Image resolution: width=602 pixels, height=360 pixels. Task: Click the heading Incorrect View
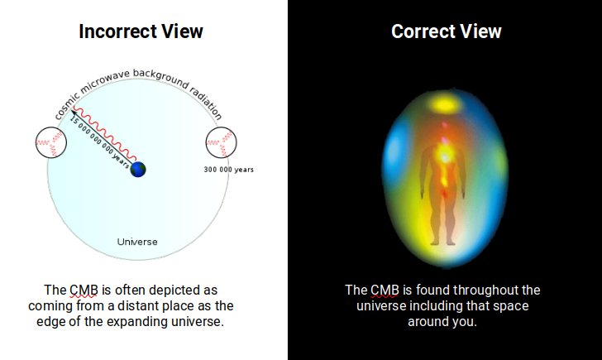pyautogui.click(x=141, y=31)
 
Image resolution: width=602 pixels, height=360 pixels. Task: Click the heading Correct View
pyautogui.click(x=446, y=31)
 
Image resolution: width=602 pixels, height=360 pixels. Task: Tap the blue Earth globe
pyautogui.click(x=137, y=169)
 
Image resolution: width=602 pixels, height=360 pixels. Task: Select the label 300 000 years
pyautogui.click(x=228, y=170)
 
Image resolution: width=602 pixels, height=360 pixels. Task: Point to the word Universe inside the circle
pyautogui.click(x=137, y=242)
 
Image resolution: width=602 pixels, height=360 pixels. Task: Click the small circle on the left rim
pyautogui.click(x=47, y=144)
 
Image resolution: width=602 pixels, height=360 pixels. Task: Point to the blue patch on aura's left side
pyautogui.click(x=391, y=157)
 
